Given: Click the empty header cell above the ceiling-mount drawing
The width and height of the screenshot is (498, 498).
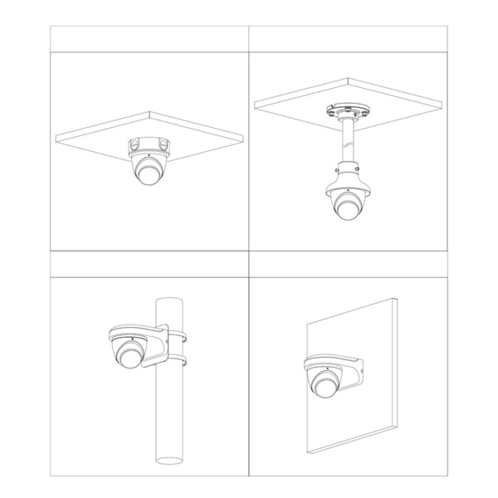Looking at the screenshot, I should point(150,38).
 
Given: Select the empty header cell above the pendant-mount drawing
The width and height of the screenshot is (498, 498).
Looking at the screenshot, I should point(349,38).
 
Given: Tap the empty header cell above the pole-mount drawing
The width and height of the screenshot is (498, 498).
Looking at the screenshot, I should point(150,263).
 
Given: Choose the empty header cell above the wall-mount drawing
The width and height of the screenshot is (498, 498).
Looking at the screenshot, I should point(349,263).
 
